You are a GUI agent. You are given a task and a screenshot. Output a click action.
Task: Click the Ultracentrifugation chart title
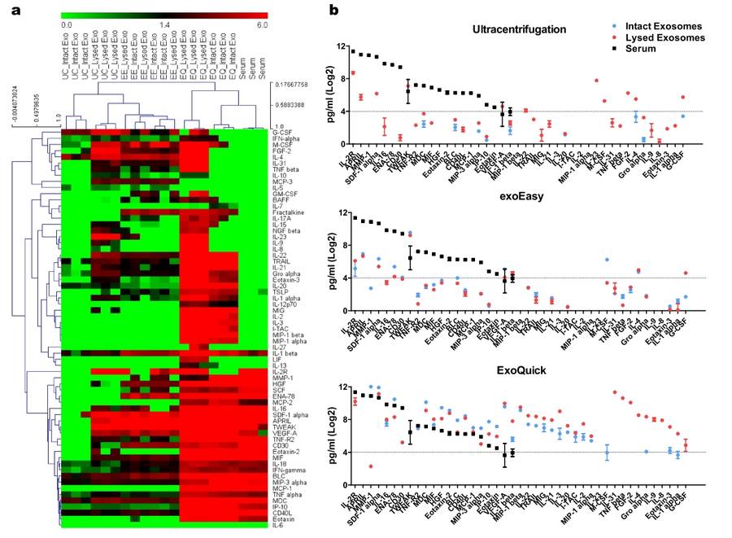pos(530,29)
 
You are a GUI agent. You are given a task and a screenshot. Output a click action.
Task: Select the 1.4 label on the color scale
pos(165,25)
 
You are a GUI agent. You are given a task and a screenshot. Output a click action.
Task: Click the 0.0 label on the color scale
pos(67,25)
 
